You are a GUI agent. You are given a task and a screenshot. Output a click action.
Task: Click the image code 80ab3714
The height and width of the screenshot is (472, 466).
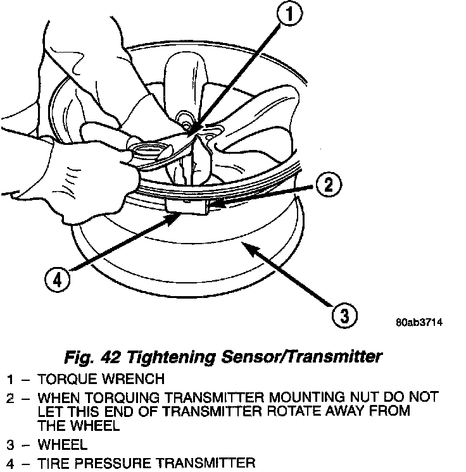419,323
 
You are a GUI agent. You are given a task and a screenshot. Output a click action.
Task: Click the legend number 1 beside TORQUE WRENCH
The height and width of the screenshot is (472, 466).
11,380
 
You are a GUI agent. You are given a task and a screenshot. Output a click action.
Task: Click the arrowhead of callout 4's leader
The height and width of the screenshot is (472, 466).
177,215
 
